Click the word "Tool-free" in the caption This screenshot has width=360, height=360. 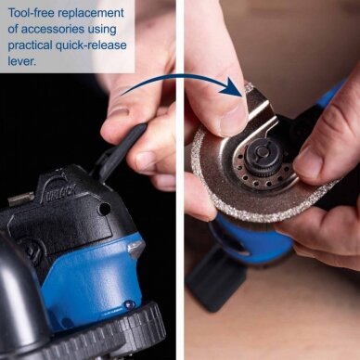31,13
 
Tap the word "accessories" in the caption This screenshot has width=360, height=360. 53,30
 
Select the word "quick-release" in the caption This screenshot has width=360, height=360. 91,45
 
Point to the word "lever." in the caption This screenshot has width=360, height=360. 21,61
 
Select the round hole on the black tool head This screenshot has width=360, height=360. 104,209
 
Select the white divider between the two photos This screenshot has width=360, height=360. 180,180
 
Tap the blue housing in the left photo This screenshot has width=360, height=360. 93,278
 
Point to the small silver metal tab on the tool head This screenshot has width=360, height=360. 20,199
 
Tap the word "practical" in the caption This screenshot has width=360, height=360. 30,45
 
